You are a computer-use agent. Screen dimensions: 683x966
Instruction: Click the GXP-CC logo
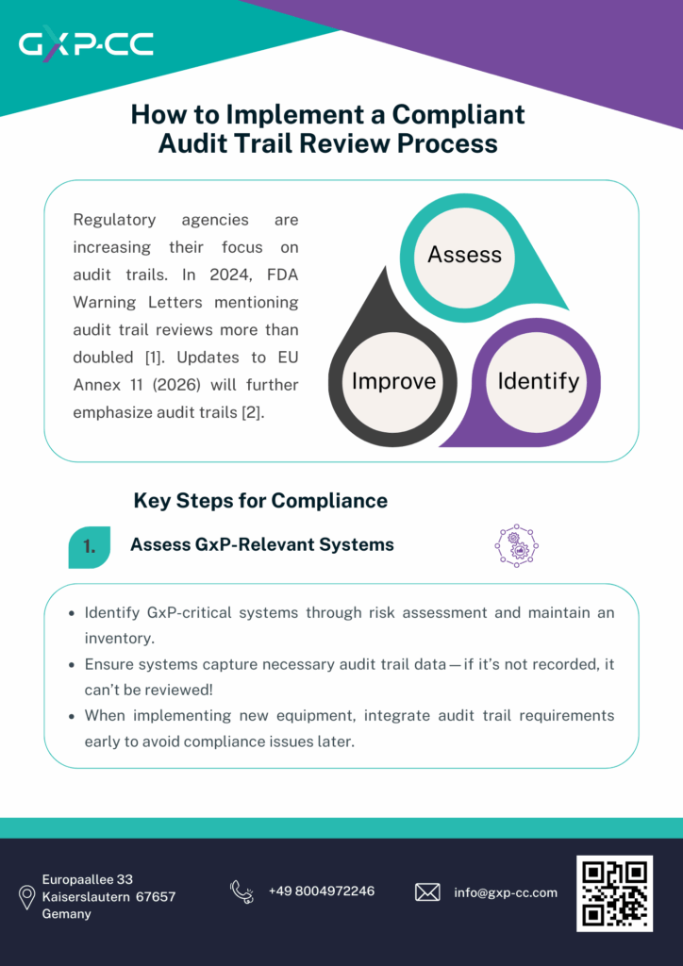[x=86, y=44]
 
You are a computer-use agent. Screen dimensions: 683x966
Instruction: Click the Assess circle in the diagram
[x=464, y=255]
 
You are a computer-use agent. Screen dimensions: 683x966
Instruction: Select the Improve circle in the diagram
[x=393, y=381]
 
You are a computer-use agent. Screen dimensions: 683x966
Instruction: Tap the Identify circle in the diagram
[x=539, y=381]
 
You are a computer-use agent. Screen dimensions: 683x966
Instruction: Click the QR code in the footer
[x=614, y=893]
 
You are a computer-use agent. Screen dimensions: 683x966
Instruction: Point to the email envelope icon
[x=427, y=892]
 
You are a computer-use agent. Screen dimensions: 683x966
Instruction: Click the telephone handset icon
[x=242, y=891]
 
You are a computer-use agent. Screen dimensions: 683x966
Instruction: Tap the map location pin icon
[x=26, y=898]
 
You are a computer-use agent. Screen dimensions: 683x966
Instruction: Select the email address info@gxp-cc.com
[x=506, y=892]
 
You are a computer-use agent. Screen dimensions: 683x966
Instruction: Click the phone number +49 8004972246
[x=322, y=891]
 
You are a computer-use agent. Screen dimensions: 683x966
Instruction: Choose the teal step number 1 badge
[x=90, y=547]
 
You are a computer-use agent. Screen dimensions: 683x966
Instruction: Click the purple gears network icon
[x=516, y=546]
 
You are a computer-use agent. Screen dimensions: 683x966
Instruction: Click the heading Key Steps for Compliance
[x=260, y=500]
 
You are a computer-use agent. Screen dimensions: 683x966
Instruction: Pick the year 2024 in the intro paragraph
[x=228, y=275]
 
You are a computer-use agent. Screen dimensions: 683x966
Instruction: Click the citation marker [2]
[x=254, y=413]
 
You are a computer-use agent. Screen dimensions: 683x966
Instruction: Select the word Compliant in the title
[x=458, y=115]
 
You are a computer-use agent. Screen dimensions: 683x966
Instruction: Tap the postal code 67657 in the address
[x=156, y=896]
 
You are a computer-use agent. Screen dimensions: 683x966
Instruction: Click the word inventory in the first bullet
[x=119, y=639]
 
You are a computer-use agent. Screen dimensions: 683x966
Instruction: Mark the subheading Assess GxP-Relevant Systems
[x=261, y=544]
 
